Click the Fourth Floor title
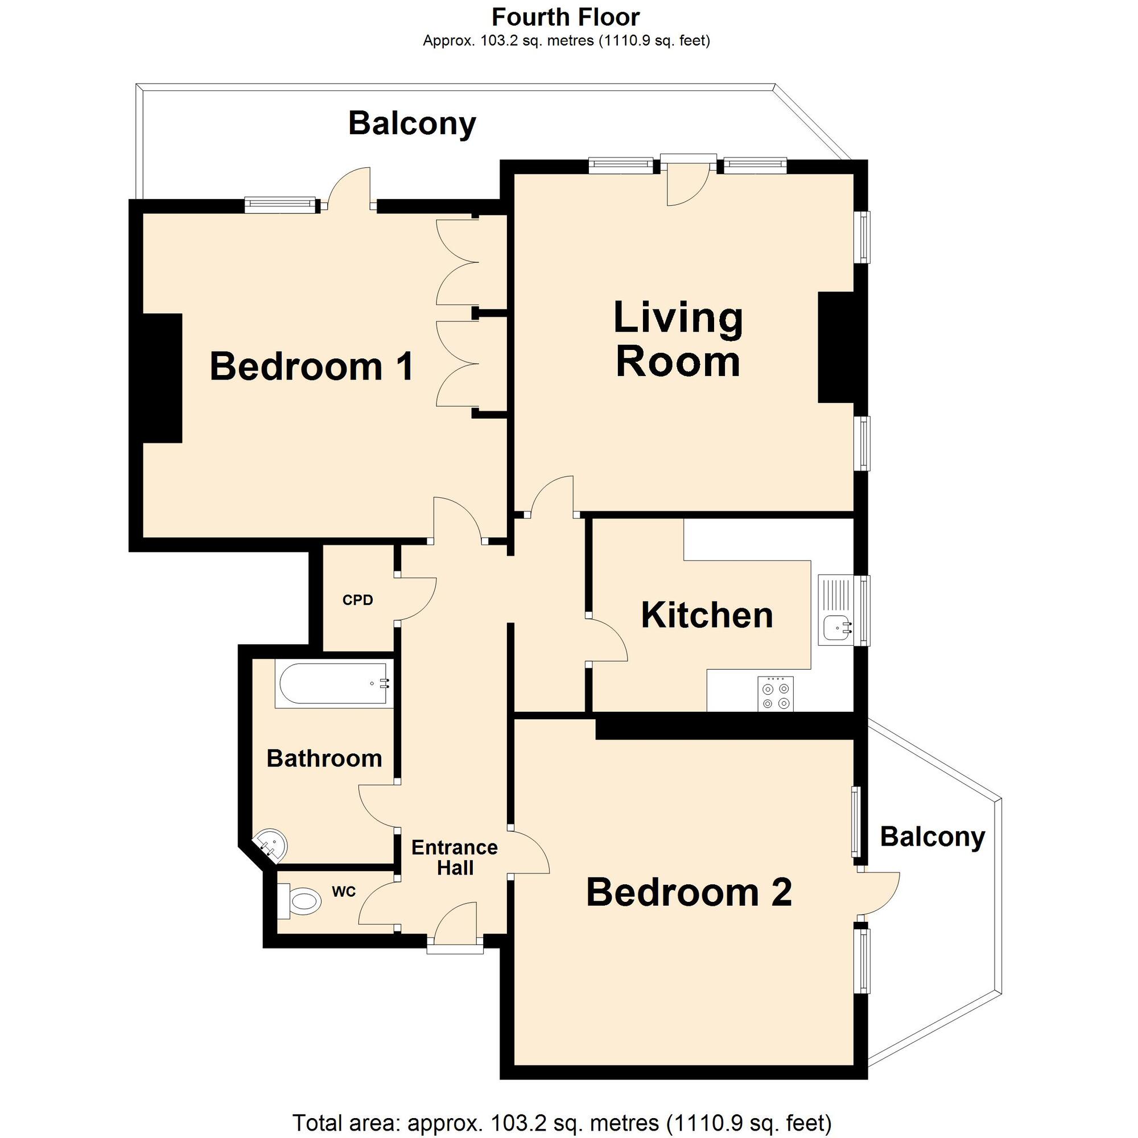pyautogui.click(x=566, y=17)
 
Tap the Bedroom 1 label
pyautogui.click(x=312, y=366)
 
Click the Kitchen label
pyautogui.click(x=707, y=615)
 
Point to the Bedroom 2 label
pyautogui.click(x=688, y=892)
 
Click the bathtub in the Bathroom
pyautogui.click(x=333, y=684)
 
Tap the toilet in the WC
pyautogui.click(x=300, y=901)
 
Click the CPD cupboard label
pyautogui.click(x=357, y=600)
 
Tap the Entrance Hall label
pyautogui.click(x=454, y=857)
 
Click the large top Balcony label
pyautogui.click(x=412, y=123)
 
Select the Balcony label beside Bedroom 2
pyautogui.click(x=933, y=836)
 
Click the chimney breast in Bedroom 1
pyautogui.click(x=162, y=378)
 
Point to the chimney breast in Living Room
pyautogui.click(x=836, y=348)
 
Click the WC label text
pyautogui.click(x=344, y=891)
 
